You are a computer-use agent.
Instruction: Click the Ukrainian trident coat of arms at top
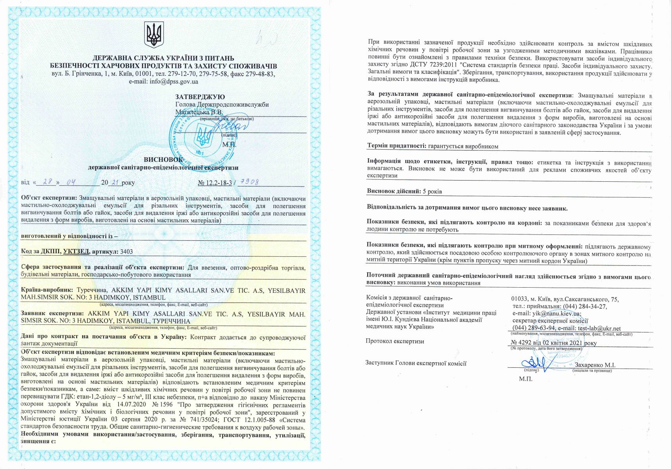pos(154,35)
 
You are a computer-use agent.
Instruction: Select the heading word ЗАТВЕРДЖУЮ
pos(200,97)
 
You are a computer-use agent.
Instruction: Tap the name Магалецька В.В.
pos(199,112)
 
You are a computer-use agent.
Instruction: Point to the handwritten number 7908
pos(249,182)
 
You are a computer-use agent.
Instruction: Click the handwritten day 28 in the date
pos(48,182)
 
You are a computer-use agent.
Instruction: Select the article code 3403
pos(127,252)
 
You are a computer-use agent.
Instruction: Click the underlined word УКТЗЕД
pos(76,252)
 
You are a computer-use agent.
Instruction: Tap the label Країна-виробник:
pos(47,290)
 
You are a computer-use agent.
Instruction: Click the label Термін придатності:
pos(396,146)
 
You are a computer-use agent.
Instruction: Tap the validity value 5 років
pos(432,192)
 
